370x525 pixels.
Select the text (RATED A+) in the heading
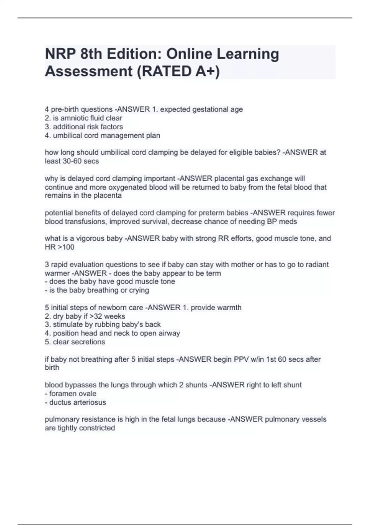(179, 71)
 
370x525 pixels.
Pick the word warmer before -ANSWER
(57, 273)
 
